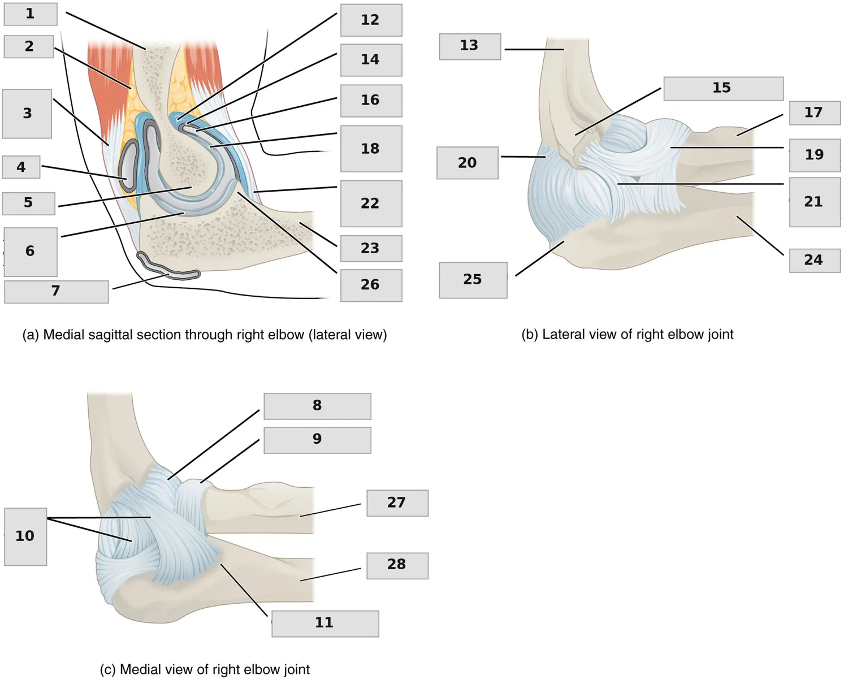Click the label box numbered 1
[x=31, y=14]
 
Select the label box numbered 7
[x=57, y=292]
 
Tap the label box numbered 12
[x=371, y=20]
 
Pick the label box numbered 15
[x=724, y=89]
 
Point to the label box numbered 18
[x=371, y=149]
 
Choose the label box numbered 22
[x=371, y=203]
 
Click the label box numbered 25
[x=473, y=280]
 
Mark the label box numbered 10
[x=25, y=536]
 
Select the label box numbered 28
[x=397, y=566]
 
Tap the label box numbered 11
[x=325, y=623]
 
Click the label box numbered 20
[x=468, y=163]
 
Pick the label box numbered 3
[x=27, y=114]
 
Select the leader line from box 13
[x=534, y=49]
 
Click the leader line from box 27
[x=330, y=510]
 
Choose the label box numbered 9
[x=317, y=440]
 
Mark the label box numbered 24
[x=815, y=261]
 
